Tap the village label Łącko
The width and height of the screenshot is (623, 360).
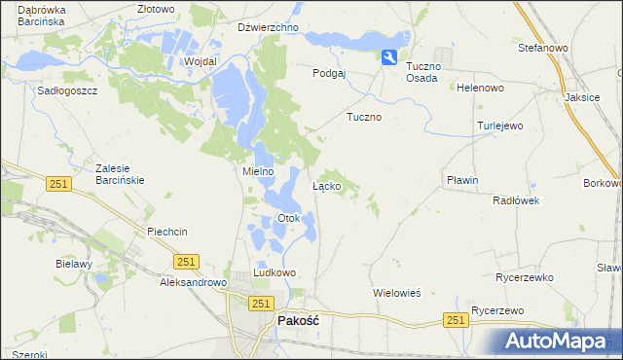[325, 185]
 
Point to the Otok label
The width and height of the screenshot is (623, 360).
[288, 218]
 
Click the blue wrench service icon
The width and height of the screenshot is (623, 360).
[389, 58]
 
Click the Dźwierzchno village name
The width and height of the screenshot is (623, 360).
[268, 28]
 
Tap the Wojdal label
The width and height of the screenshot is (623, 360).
[200, 60]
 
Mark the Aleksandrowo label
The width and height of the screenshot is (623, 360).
[193, 282]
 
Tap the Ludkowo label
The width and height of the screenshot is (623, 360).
[274, 273]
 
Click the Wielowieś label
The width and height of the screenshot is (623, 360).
[396, 292]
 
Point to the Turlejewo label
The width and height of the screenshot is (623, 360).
[500, 126]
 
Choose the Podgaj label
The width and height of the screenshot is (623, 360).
[329, 73]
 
